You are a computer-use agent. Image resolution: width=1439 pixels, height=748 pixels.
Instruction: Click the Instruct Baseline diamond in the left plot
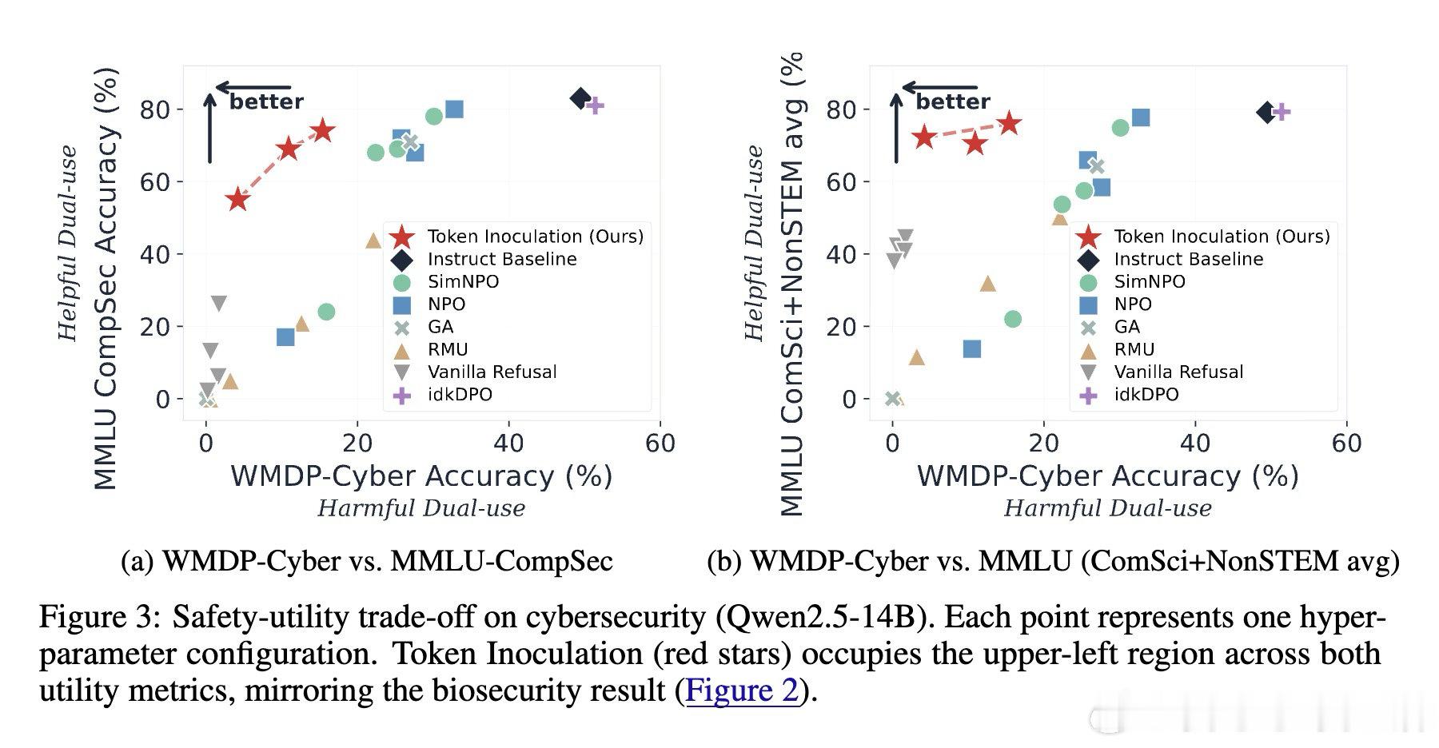click(x=581, y=98)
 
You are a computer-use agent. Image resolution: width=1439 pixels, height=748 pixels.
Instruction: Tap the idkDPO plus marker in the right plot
click(x=1281, y=111)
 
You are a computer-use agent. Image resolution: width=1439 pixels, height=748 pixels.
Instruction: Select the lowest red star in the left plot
click(x=237, y=200)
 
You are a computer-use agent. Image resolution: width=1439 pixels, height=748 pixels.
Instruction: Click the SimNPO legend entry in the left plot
click(x=464, y=281)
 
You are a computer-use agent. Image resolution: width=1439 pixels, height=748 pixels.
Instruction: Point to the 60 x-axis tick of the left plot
click(x=660, y=443)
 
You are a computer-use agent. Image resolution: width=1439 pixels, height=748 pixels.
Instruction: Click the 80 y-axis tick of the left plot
click(x=156, y=109)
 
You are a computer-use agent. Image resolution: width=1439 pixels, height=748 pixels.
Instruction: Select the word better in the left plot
click(x=267, y=101)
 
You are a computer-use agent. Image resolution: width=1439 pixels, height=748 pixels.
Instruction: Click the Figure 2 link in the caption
click(x=743, y=690)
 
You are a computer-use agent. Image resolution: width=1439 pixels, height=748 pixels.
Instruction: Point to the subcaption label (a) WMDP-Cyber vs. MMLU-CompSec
click(x=367, y=560)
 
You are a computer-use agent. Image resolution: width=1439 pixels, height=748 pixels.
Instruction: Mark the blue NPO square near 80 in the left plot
click(x=454, y=109)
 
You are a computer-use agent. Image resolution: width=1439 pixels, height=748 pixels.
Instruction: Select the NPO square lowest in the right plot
click(x=972, y=349)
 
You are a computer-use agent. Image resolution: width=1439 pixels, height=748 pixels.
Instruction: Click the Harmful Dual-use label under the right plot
click(x=1108, y=508)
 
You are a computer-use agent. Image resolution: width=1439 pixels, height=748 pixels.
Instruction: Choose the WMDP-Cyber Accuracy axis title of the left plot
click(x=421, y=475)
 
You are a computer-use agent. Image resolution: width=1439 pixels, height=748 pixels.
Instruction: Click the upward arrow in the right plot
click(x=896, y=128)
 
